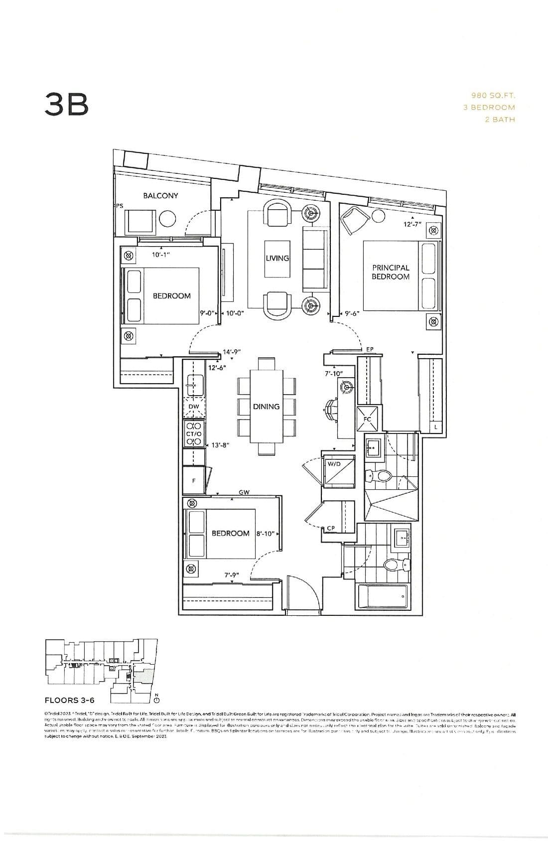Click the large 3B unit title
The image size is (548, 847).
pyautogui.click(x=67, y=105)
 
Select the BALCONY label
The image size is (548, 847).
pyautogui.click(x=160, y=196)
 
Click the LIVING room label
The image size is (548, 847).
pyautogui.click(x=277, y=258)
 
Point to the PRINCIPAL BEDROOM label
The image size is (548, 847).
pyautogui.click(x=391, y=272)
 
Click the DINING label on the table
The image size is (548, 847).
pyautogui.click(x=266, y=407)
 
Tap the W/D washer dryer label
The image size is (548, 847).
pyautogui.click(x=333, y=464)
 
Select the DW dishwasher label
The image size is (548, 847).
pyautogui.click(x=194, y=407)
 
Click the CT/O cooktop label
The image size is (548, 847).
pyautogui.click(x=193, y=434)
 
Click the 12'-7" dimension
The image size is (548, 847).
pyautogui.click(x=412, y=224)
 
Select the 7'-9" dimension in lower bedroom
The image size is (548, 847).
pyautogui.click(x=232, y=575)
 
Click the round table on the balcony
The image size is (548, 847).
pyautogui.click(x=168, y=219)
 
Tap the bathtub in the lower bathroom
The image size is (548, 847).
pyautogui.click(x=383, y=596)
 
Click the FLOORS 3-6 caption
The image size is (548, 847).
pyautogui.click(x=69, y=700)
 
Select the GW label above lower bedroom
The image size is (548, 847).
pyautogui.click(x=244, y=492)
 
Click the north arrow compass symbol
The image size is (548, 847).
pyautogui.click(x=156, y=700)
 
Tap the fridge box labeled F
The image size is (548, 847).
pyautogui.click(x=194, y=480)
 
